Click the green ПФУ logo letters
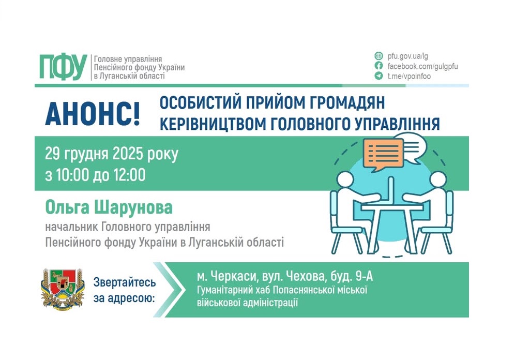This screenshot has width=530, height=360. click(63, 67)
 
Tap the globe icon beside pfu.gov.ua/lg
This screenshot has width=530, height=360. click(379, 56)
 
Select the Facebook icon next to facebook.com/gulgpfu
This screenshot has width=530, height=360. click(379, 66)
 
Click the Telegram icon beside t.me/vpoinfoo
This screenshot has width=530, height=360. click(379, 76)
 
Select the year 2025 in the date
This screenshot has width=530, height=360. click(130, 154)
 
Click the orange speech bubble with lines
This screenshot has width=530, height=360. click(383, 153)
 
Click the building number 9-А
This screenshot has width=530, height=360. click(360, 277)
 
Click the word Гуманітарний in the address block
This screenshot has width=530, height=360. click(222, 290)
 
